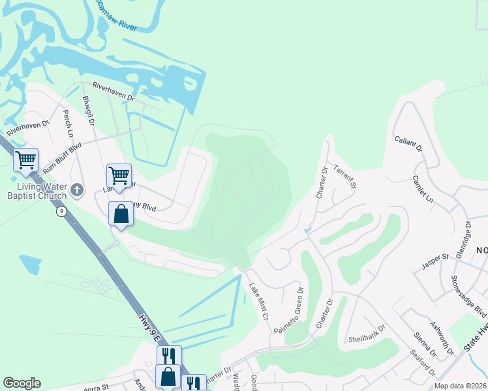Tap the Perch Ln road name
[67, 121]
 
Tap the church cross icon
[77, 191]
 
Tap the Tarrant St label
[345, 177]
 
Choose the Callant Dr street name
[410, 145]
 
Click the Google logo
[22, 383]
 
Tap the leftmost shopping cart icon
[26, 160]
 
